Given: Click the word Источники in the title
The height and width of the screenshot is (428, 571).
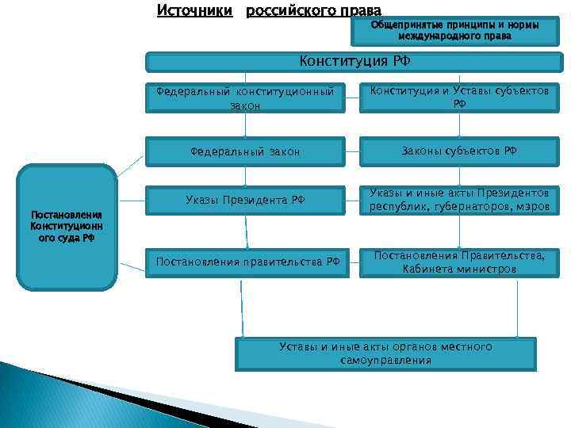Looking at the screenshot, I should (195, 10).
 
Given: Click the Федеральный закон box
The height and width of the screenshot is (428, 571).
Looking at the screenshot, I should (245, 151).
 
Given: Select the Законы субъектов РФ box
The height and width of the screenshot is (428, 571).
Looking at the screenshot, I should (459, 151).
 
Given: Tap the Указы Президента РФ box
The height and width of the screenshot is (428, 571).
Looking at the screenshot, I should (245, 200).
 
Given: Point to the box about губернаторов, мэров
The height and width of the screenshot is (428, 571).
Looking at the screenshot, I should (459, 200).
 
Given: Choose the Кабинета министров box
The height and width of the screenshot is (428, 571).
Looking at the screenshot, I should (459, 262).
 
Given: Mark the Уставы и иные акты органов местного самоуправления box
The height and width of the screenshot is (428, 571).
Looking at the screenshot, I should (385, 353).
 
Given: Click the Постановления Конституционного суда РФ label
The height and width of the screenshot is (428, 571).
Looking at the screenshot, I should (67, 226).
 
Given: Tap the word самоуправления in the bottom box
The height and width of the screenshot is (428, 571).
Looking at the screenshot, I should (386, 361).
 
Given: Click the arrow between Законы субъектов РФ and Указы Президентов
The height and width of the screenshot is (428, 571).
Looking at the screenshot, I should (459, 175).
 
